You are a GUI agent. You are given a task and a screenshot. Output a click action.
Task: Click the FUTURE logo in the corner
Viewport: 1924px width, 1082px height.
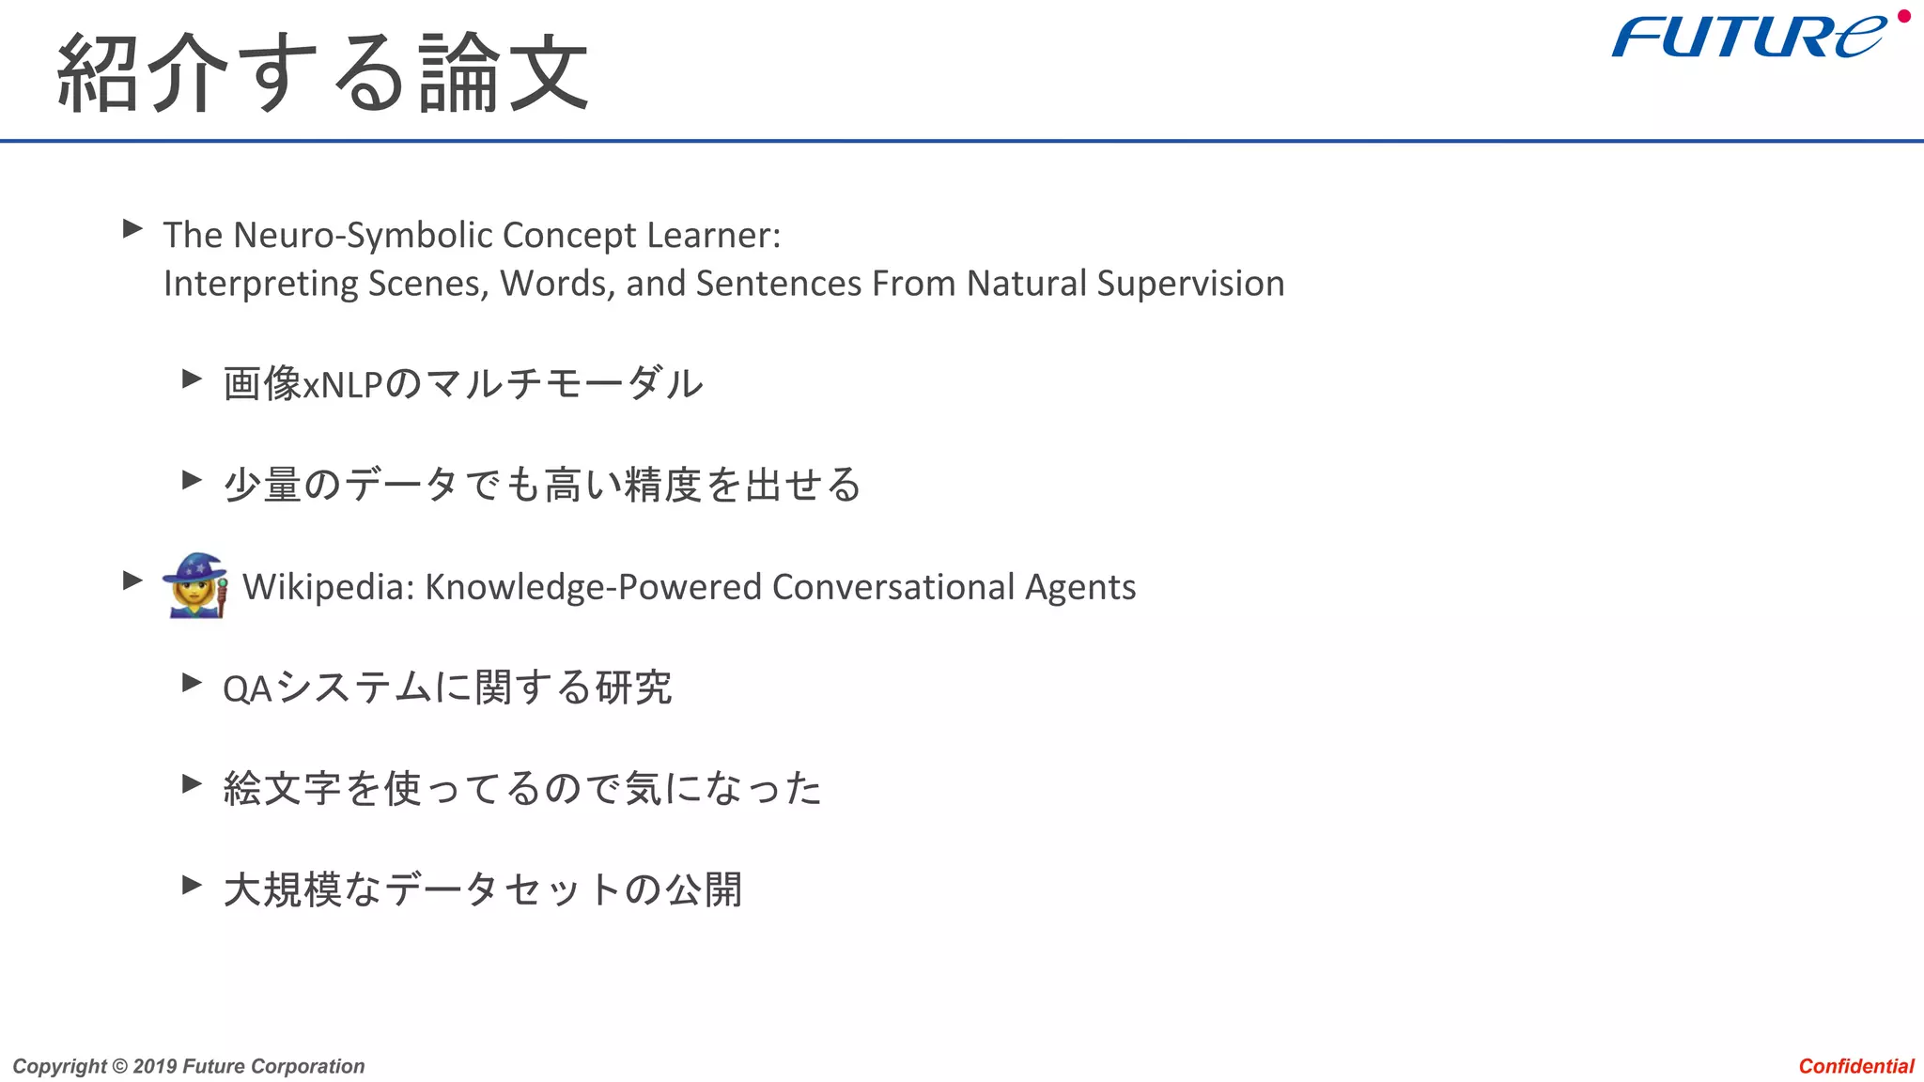point(1747,38)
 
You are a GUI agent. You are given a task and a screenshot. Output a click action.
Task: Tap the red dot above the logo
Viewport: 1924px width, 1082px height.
point(1904,16)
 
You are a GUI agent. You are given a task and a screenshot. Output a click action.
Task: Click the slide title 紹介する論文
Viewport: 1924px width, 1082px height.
point(322,73)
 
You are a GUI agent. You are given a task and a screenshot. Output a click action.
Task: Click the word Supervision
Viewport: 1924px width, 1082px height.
point(1190,284)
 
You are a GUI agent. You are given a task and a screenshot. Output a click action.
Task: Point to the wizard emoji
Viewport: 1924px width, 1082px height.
point(195,585)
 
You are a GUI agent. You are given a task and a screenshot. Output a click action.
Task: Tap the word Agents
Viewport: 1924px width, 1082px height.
point(1080,587)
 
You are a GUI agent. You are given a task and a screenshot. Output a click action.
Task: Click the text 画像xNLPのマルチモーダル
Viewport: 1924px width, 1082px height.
point(462,383)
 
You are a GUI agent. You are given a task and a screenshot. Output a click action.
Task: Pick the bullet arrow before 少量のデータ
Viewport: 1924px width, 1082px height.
point(192,480)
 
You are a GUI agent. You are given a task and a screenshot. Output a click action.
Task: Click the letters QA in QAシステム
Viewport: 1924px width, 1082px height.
point(246,689)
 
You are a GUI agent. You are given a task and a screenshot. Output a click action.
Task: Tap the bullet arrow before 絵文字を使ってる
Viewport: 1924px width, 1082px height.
point(192,783)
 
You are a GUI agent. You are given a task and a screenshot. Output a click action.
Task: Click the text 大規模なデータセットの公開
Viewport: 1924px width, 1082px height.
point(483,889)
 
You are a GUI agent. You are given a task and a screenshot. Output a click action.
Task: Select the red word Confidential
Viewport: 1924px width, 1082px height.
point(1855,1066)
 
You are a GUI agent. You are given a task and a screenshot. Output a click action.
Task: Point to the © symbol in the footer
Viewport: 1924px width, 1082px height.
point(119,1066)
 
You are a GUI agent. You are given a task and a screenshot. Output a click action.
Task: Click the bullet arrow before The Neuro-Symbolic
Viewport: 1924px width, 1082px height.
point(132,228)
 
